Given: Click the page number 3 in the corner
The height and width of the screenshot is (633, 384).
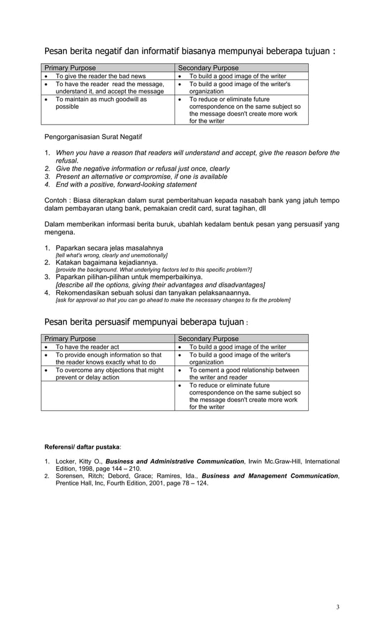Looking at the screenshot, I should tap(338, 606).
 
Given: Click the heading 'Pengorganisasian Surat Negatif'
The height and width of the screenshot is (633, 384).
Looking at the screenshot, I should tap(93, 137).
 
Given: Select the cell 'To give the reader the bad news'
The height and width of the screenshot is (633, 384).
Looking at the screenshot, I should tap(101, 76).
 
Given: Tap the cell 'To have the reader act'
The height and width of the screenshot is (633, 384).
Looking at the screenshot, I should tap(87, 347).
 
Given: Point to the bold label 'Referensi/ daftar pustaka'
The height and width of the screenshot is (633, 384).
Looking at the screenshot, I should tap(82, 447).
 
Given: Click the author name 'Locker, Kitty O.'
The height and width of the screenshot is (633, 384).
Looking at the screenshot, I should tap(78, 461).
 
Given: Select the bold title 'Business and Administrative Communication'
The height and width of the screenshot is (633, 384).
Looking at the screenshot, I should tap(175, 461).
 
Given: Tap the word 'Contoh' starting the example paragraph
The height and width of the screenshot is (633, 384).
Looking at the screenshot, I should tap(56, 200).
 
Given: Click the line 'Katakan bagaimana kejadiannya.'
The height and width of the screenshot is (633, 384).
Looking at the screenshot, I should tap(107, 263).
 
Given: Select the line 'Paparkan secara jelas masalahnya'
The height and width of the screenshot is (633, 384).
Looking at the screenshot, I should tap(109, 248).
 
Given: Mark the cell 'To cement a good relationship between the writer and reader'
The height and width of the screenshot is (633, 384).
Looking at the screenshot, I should tap(243, 373).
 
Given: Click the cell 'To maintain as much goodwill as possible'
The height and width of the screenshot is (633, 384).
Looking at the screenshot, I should tap(101, 102).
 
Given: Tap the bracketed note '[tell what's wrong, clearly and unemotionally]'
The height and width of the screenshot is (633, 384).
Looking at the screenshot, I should tap(111, 255).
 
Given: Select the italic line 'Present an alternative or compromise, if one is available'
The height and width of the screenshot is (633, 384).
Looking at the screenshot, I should tap(141, 176).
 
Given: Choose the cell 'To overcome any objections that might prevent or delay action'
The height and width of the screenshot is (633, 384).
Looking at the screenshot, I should tap(109, 373).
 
